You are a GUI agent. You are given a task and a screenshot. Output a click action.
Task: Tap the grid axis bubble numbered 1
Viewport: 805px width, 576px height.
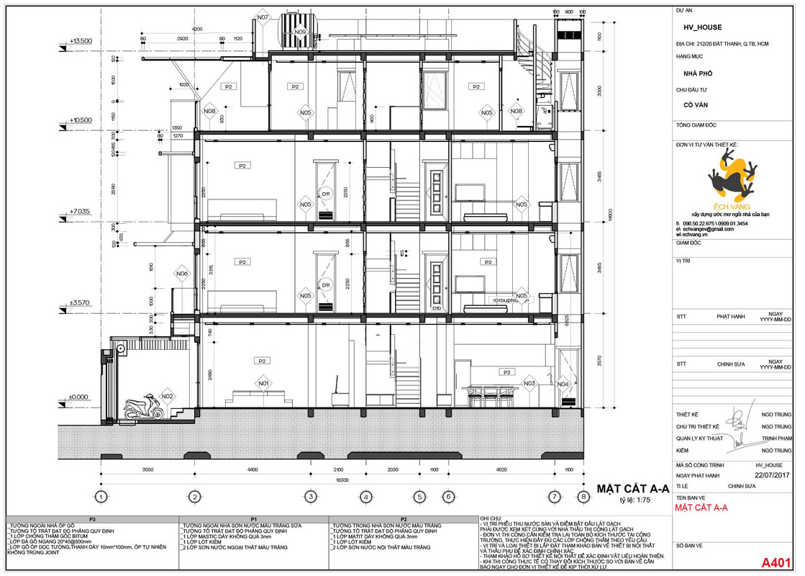(101, 496)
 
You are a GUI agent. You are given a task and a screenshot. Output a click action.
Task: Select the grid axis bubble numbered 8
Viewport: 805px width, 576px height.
(582, 496)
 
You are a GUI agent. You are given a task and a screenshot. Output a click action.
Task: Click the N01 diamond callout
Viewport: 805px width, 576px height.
(263, 383)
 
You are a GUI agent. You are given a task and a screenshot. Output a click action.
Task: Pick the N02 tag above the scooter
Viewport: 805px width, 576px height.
(167, 396)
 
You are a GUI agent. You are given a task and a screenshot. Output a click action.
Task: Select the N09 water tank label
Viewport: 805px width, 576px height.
(300, 32)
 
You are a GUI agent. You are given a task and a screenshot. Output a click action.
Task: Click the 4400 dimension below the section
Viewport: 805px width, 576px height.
(253, 469)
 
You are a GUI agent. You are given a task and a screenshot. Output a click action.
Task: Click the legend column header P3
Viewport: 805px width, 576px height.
(92, 519)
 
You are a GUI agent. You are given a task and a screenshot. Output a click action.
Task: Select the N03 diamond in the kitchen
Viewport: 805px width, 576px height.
(530, 384)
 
